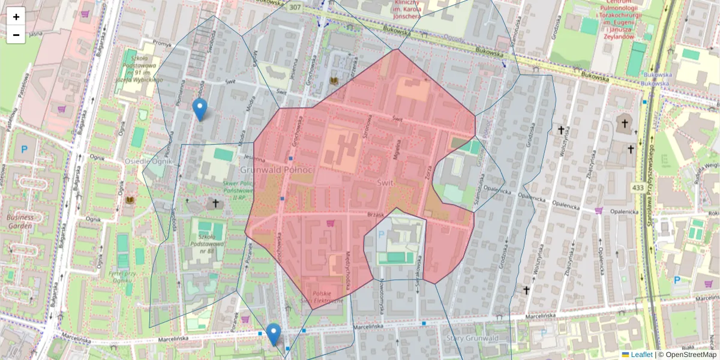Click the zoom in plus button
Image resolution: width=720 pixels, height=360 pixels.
click(x=16, y=17)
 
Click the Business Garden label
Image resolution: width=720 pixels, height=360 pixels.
click(x=20, y=221)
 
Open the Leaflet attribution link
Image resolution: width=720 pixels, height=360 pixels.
click(x=641, y=355)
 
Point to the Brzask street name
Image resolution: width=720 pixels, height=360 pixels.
click(x=374, y=214)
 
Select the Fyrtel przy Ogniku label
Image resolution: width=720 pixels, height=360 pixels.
click(x=124, y=277)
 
